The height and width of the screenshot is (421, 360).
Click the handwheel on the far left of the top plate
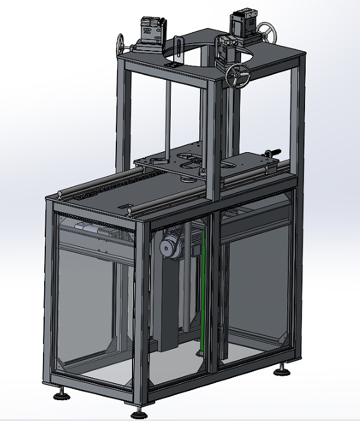122,44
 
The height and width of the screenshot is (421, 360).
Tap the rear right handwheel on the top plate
266,33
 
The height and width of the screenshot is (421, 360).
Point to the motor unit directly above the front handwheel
227,48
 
